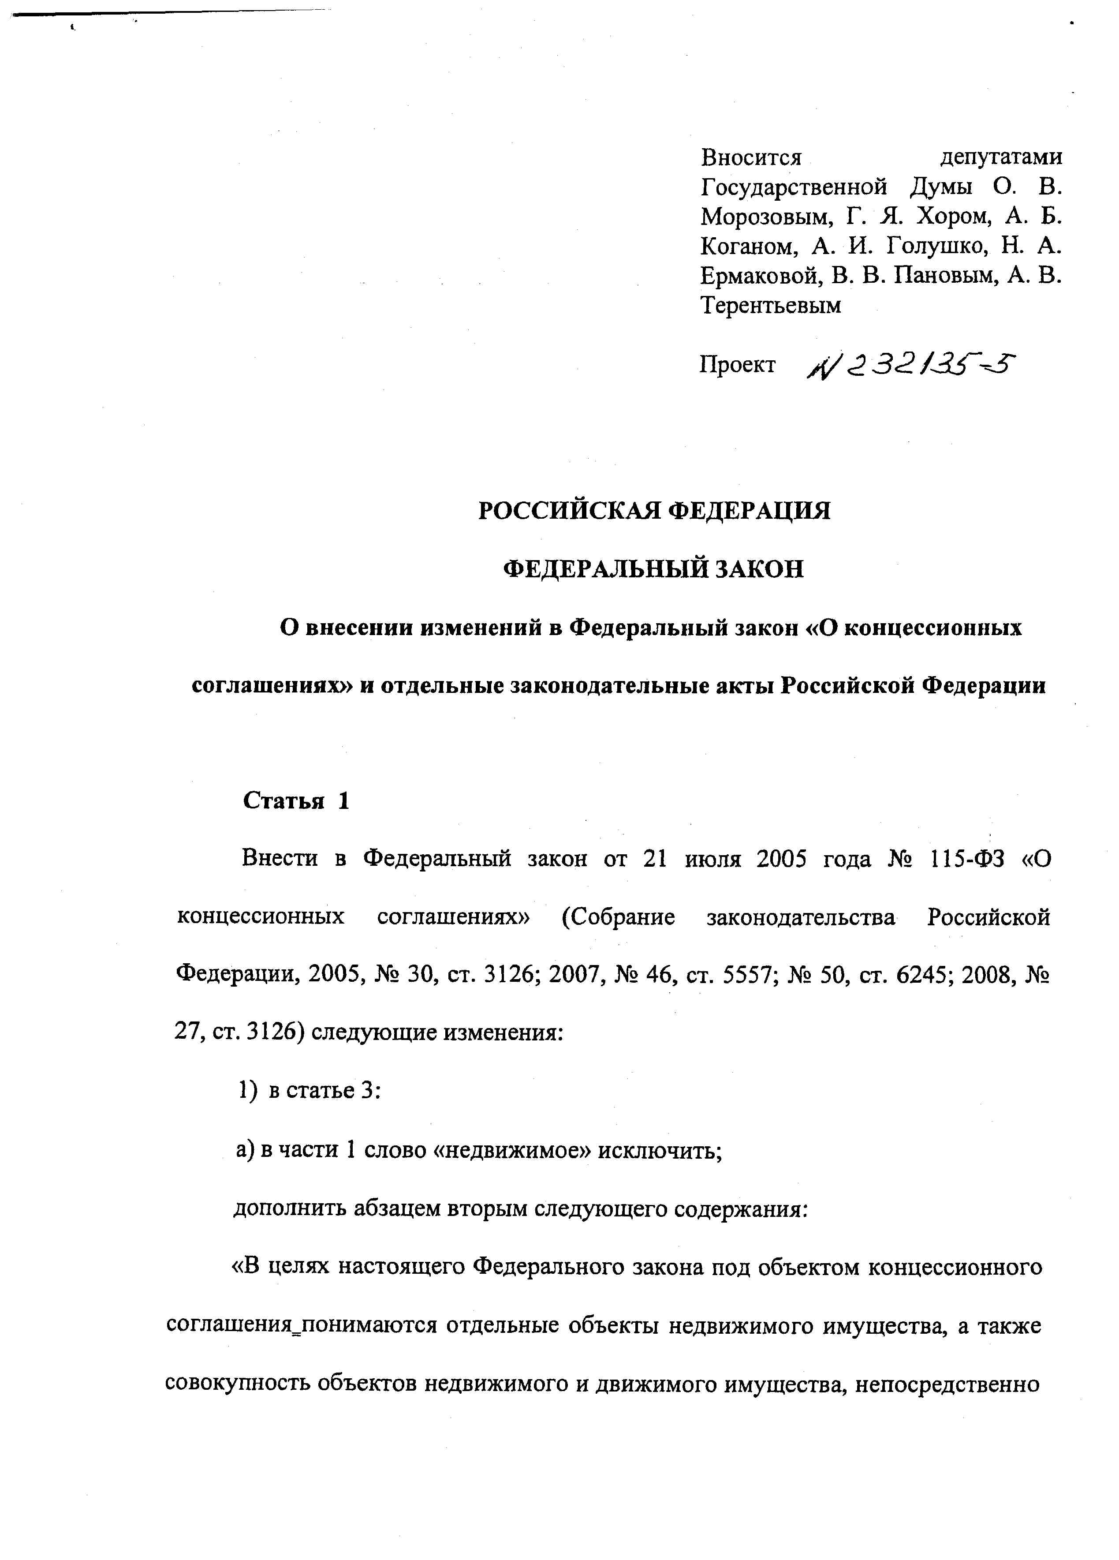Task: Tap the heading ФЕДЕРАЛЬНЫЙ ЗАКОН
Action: point(653,569)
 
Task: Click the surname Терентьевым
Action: point(770,305)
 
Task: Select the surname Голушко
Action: point(937,246)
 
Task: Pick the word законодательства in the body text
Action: point(801,917)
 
